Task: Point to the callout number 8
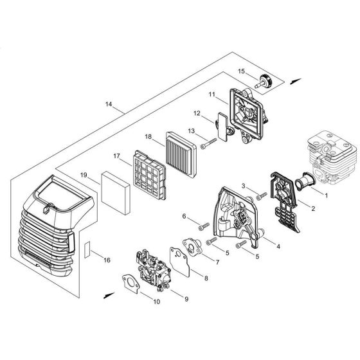coord(187,278)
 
